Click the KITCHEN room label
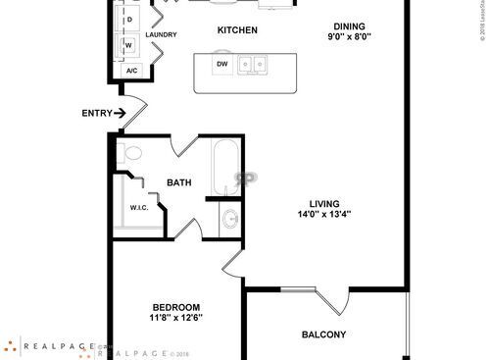(237, 30)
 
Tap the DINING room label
(351, 26)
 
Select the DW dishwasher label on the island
(222, 65)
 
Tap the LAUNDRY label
(161, 35)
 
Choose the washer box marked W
(128, 45)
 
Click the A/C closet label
(131, 71)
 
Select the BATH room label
(179, 182)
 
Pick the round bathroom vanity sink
(229, 219)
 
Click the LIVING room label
(324, 203)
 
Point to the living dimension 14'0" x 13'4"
(324, 215)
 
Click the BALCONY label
(323, 335)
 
